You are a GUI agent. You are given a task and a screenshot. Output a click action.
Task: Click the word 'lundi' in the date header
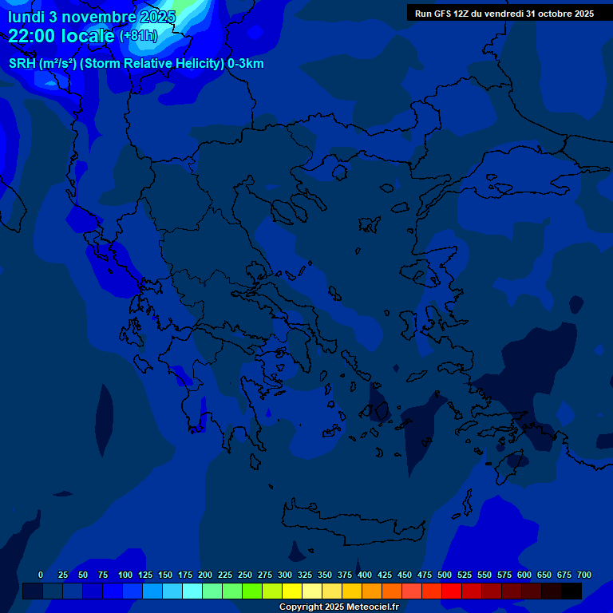point(26,17)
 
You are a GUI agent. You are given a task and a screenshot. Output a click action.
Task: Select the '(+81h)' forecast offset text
point(139,36)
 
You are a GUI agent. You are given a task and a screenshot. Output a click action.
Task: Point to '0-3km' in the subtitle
point(246,64)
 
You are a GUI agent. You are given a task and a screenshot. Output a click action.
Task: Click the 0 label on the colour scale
point(41,575)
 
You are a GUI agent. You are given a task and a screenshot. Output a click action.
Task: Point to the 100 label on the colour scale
point(125,575)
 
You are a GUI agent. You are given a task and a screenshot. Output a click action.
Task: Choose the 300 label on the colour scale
point(285,575)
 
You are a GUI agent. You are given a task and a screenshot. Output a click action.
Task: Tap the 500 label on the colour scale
point(445,575)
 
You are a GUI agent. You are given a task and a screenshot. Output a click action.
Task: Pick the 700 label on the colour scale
point(584,575)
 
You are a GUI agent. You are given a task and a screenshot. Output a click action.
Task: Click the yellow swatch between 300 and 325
point(292,591)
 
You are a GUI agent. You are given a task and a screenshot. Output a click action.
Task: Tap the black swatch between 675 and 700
point(571,591)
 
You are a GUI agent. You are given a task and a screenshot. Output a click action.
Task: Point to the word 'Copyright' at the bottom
point(299,607)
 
